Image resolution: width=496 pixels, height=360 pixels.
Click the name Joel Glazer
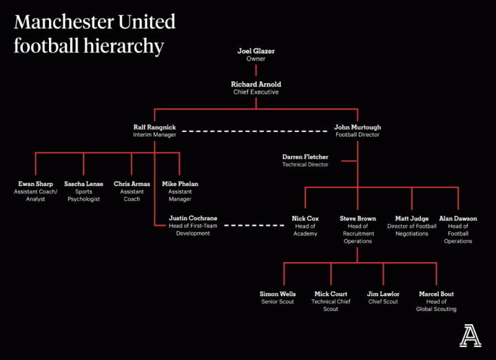click(x=256, y=52)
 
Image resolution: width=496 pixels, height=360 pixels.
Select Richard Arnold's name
click(x=256, y=85)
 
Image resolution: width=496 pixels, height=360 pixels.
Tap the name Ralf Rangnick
click(x=154, y=127)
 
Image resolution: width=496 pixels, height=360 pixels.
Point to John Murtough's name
click(x=357, y=127)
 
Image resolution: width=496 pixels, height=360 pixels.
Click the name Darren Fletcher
click(x=305, y=157)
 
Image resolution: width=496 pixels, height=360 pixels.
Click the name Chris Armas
click(x=132, y=184)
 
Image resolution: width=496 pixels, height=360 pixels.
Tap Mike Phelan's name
click(x=179, y=184)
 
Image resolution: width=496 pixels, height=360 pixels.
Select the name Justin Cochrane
click(x=193, y=219)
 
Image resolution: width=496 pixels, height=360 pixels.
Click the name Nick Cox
click(x=305, y=219)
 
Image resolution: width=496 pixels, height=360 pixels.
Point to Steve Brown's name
click(x=357, y=219)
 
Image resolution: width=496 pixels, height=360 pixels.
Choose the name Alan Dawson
click(x=458, y=219)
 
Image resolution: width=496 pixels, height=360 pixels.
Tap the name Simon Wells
click(x=278, y=294)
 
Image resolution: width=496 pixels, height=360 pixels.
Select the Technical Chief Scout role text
click(x=331, y=306)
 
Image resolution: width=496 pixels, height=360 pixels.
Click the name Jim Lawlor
click(x=383, y=294)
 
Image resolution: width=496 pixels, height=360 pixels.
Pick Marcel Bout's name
click(x=436, y=294)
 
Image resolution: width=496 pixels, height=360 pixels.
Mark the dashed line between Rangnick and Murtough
click(x=255, y=131)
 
